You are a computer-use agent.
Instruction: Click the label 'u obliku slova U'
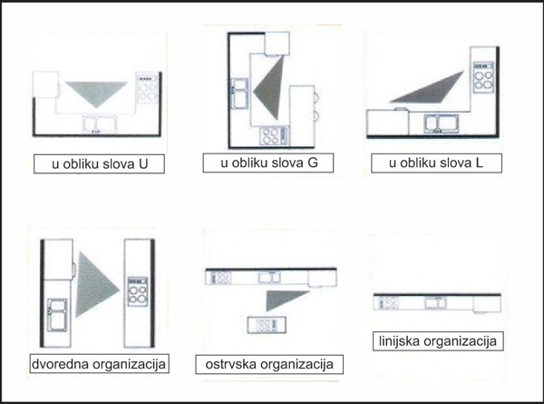click(x=99, y=163)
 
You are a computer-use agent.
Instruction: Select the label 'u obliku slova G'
click(x=268, y=163)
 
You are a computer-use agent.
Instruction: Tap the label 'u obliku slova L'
click(x=436, y=163)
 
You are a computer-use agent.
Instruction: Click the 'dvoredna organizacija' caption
click(x=99, y=364)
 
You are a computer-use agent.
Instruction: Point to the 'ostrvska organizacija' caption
click(x=269, y=364)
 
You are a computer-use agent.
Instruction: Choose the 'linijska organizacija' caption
click(x=438, y=340)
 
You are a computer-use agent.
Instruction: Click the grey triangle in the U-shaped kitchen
click(x=96, y=92)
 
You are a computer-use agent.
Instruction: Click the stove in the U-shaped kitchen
click(x=148, y=88)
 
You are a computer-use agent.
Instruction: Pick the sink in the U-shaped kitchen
click(x=100, y=124)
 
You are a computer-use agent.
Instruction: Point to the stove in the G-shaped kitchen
click(x=274, y=136)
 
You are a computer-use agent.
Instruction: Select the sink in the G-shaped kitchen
click(x=239, y=93)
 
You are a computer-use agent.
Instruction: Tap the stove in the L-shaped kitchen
click(x=483, y=77)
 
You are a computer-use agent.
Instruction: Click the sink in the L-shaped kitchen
click(x=441, y=123)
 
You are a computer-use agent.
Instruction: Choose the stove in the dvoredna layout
click(x=138, y=291)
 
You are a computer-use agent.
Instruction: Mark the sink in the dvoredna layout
click(x=57, y=315)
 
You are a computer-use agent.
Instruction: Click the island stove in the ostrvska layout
click(x=267, y=325)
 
